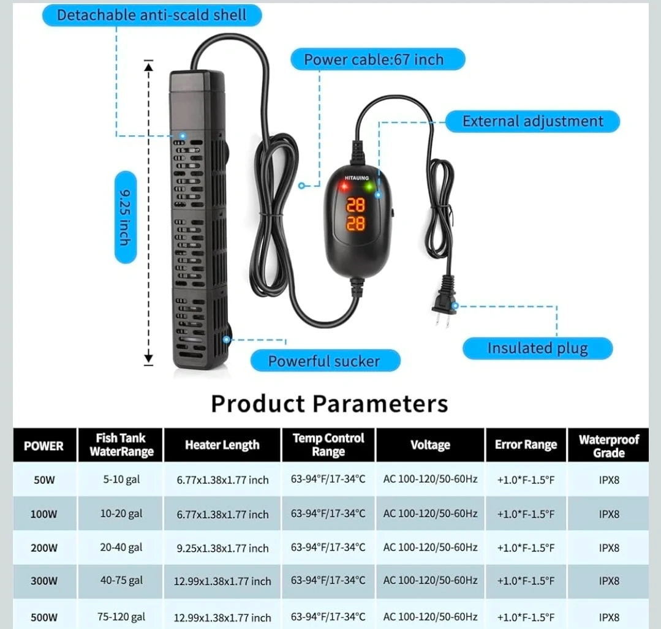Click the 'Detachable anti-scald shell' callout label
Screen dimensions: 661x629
[152, 15]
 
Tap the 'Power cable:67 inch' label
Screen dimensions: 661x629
[378, 59]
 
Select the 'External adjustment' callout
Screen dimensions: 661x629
[532, 121]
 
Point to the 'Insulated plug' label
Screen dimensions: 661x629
[537, 348]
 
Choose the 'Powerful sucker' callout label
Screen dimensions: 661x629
[325, 361]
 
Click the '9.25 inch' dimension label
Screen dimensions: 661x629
[126, 217]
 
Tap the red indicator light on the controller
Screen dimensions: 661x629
[344, 186]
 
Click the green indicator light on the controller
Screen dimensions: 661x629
[369, 186]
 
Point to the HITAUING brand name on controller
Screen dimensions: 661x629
[357, 178]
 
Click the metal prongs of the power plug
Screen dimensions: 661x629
[442, 321]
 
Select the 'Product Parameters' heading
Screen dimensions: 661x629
[329, 404]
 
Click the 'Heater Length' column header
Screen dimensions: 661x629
[222, 445]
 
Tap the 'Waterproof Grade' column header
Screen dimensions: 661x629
[609, 446]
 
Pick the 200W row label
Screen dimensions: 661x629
[44, 548]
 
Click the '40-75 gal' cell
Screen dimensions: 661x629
[121, 581]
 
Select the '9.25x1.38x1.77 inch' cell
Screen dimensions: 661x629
[222, 548]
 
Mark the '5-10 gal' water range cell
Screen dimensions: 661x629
[121, 480]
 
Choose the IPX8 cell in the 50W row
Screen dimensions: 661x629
[609, 480]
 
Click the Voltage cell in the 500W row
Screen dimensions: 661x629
[431, 617]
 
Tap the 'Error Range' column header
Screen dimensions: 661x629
[526, 445]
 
